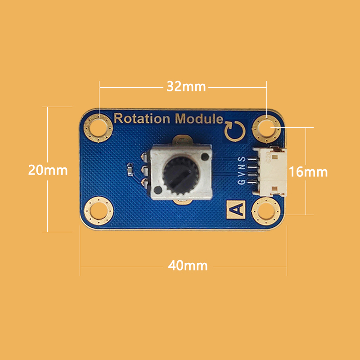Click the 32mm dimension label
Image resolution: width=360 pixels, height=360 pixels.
point(186,86)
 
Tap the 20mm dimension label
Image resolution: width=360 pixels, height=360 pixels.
point(48,170)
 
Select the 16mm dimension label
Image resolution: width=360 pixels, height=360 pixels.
point(308,172)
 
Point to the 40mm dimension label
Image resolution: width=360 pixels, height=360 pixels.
point(188,265)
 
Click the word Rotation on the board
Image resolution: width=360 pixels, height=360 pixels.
point(142,118)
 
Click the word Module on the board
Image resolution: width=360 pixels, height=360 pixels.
point(199,118)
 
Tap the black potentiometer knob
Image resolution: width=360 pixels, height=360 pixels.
point(181,175)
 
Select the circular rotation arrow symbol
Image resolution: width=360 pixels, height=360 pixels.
point(234,131)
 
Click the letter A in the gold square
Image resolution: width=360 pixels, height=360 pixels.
point(236,209)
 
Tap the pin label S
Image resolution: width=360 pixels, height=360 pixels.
point(242,159)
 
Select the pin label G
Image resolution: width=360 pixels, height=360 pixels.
point(242,182)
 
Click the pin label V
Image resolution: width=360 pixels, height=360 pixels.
point(242,174)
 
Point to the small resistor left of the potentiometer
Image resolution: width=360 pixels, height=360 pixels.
point(130,170)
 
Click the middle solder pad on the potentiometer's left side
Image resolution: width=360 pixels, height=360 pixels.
point(144,170)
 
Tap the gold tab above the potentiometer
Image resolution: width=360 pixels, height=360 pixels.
point(181,139)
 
